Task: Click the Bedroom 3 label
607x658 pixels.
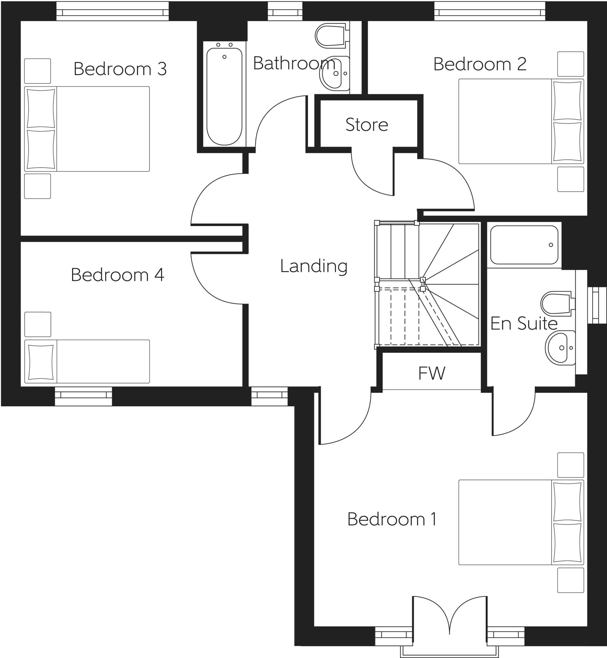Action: click(120, 69)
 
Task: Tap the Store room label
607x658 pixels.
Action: click(367, 125)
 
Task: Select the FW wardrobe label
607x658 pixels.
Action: click(431, 373)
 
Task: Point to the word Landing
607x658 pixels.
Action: click(314, 266)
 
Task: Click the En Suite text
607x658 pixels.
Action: click(524, 324)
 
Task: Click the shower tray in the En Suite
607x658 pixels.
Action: click(524, 245)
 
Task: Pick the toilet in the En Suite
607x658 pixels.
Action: click(557, 304)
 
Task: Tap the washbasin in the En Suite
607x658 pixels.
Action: click(560, 348)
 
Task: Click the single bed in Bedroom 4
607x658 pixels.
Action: click(87, 361)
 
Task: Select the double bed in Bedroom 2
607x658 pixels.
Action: click(521, 121)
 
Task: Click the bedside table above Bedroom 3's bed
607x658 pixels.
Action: click(37, 71)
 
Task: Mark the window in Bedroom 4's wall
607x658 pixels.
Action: click(83, 396)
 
